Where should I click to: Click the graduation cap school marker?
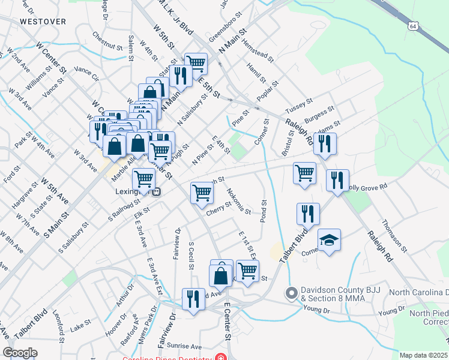tap(329, 240)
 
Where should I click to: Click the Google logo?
tap(20, 353)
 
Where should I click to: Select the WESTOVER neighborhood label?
tap(42, 21)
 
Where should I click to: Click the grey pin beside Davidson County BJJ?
tap(292, 293)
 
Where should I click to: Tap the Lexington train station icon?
tap(156, 192)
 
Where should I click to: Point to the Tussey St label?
tap(299, 107)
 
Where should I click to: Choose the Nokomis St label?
tap(238, 200)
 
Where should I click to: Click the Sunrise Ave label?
tap(188, 347)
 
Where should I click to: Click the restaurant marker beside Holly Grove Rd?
tap(337, 181)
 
